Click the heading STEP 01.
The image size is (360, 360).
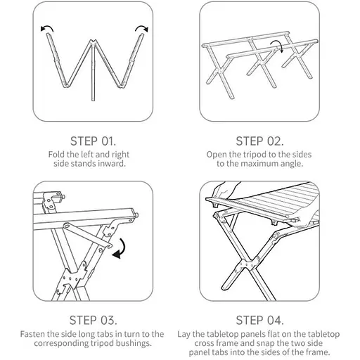click(93, 141)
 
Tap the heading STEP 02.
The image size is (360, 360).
click(259, 141)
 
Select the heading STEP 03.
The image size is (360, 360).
click(93, 320)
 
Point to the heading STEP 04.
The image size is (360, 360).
click(259, 320)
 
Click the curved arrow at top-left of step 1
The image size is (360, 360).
click(47, 27)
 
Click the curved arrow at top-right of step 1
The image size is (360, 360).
click(141, 27)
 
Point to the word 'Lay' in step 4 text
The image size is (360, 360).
click(184, 335)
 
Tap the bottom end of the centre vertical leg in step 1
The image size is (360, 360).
click(93, 101)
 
